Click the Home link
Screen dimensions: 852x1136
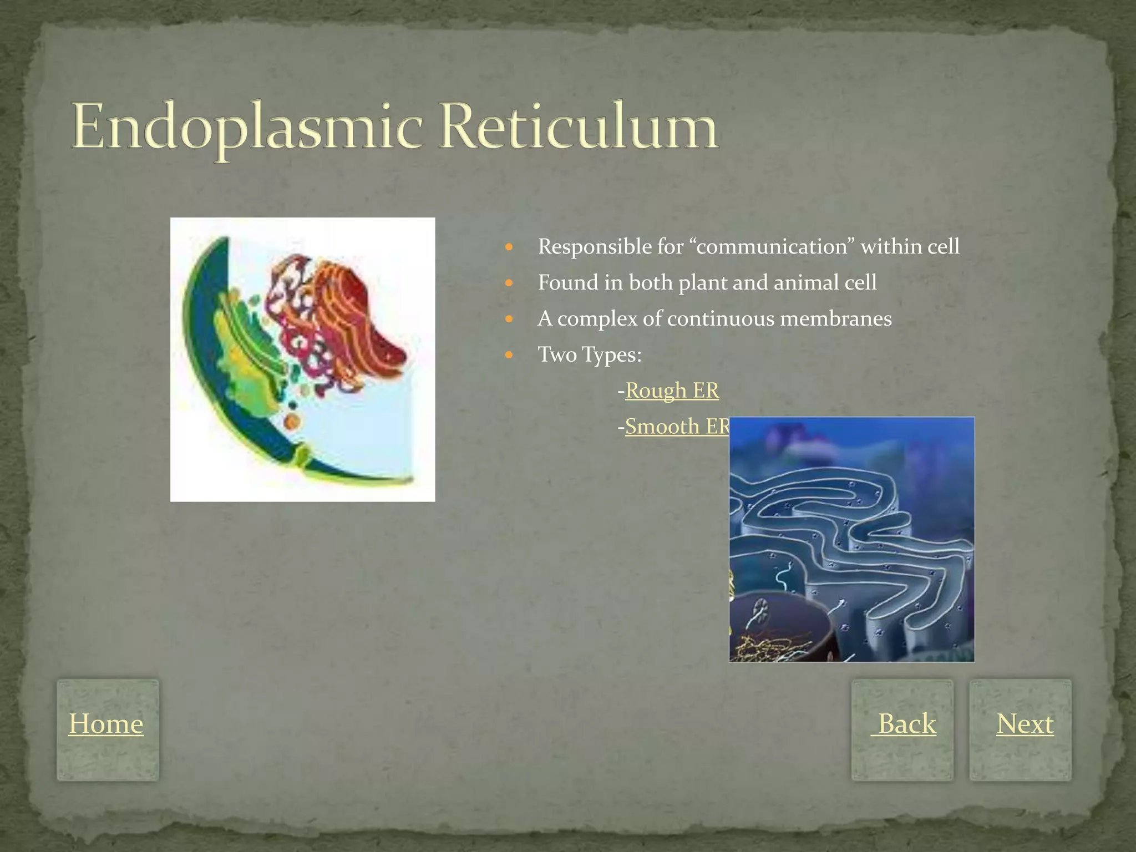(x=106, y=724)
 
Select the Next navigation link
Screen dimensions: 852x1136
(x=1025, y=724)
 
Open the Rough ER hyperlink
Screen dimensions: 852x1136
(x=672, y=390)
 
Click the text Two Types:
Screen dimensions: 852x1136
(x=590, y=354)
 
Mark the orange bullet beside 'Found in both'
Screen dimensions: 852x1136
(x=510, y=283)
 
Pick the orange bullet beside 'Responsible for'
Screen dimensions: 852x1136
(x=510, y=247)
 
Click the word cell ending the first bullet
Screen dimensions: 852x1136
(x=943, y=247)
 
